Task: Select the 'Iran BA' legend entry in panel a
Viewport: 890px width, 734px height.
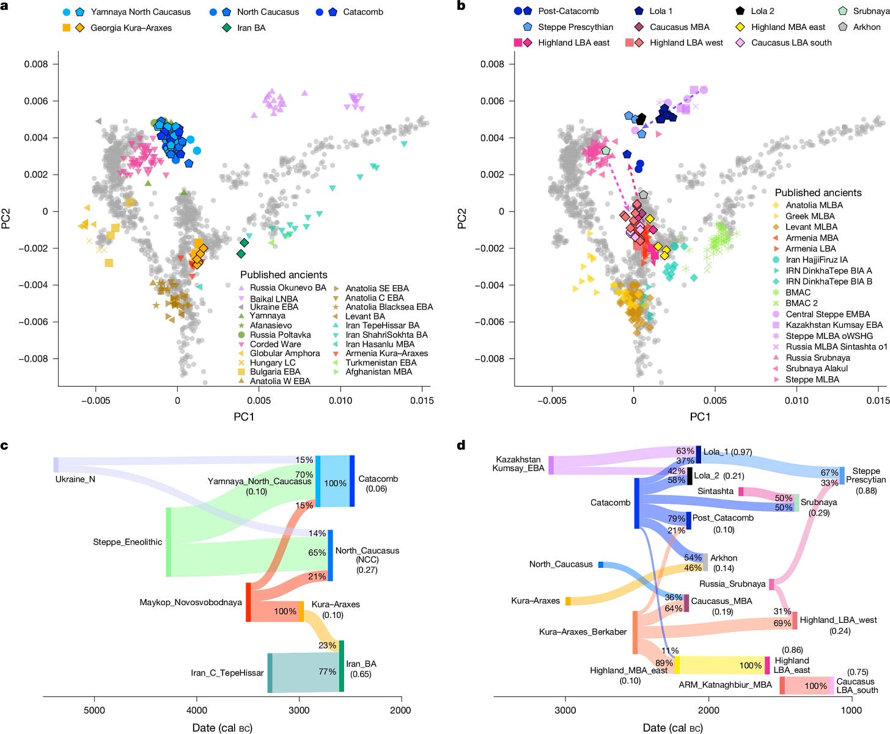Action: pyautogui.click(x=251, y=27)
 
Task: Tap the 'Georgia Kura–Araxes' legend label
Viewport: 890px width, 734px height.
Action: pyautogui.click(x=131, y=27)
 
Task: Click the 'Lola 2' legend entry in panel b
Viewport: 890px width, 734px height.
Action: pyautogui.click(x=762, y=11)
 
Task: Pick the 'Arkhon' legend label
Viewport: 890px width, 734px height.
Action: pyautogui.click(x=866, y=27)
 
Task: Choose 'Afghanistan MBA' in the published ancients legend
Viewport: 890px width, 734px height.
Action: pyautogui.click(x=378, y=371)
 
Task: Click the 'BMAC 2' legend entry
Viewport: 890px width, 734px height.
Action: pyautogui.click(x=801, y=303)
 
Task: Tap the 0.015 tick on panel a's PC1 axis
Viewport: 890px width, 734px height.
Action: pyautogui.click(x=422, y=401)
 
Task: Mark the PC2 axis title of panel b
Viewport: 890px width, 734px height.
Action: pyautogui.click(x=462, y=219)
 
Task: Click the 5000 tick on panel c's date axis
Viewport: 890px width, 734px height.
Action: pyautogui.click(x=94, y=710)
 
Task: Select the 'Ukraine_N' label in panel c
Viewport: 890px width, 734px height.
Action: pyautogui.click(x=75, y=479)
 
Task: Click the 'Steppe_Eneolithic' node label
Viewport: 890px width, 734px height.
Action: pyautogui.click(x=127, y=542)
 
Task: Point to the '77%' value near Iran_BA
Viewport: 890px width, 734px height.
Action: pyautogui.click(x=327, y=672)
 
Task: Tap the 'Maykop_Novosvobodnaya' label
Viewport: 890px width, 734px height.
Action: pyautogui.click(x=190, y=602)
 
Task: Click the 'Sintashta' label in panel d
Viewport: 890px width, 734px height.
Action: pyautogui.click(x=715, y=491)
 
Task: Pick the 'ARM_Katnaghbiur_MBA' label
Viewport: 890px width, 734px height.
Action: pyautogui.click(x=725, y=685)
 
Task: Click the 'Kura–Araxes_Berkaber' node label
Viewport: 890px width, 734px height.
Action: pyautogui.click(x=583, y=631)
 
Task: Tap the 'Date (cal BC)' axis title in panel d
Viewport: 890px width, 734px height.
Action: pyautogui.click(x=672, y=727)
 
